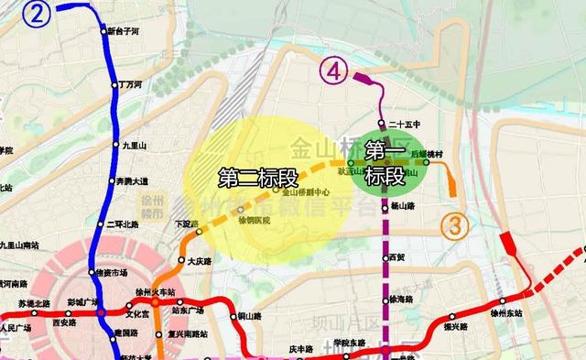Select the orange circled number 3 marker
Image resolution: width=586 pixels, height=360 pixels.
(x=455, y=224)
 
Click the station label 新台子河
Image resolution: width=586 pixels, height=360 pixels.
(x=124, y=31)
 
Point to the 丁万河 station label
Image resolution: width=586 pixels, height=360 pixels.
(x=132, y=84)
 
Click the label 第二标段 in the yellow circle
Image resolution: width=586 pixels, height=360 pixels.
(x=251, y=178)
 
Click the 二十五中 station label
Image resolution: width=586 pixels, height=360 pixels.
(x=404, y=124)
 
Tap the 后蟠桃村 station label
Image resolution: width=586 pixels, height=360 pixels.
(x=427, y=154)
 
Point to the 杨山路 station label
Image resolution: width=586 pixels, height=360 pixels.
(x=403, y=207)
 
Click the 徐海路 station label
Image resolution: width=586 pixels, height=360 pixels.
(x=402, y=300)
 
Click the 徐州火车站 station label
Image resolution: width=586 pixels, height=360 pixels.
(x=152, y=292)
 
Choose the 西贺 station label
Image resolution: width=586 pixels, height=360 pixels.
(x=396, y=258)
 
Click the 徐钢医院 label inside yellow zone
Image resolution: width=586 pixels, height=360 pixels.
(x=254, y=222)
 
